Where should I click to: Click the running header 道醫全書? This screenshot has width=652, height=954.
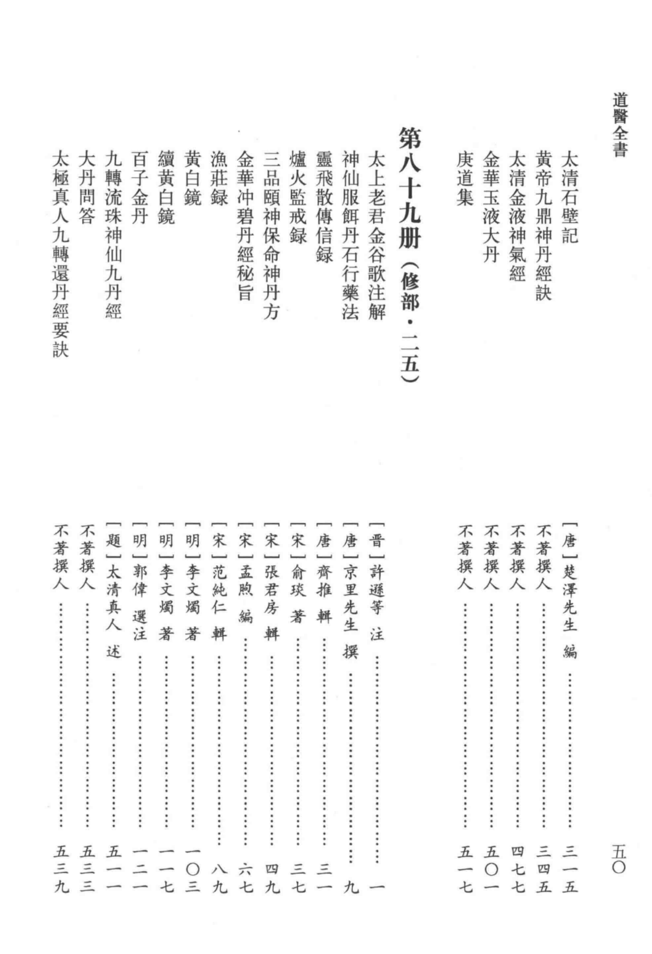click(x=620, y=125)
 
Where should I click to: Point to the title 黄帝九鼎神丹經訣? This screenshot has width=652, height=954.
click(x=543, y=225)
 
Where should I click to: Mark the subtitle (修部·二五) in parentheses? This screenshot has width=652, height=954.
click(x=409, y=323)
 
